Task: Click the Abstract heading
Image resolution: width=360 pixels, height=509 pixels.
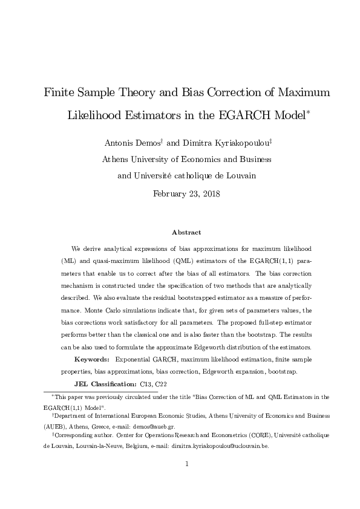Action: click(x=186, y=232)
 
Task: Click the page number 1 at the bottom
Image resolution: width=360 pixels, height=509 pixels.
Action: click(x=187, y=464)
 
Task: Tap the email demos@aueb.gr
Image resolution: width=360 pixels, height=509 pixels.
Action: click(x=145, y=425)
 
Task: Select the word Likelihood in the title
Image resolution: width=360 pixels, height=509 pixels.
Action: click(x=102, y=115)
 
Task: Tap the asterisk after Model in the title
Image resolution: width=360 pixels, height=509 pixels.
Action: click(x=308, y=111)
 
